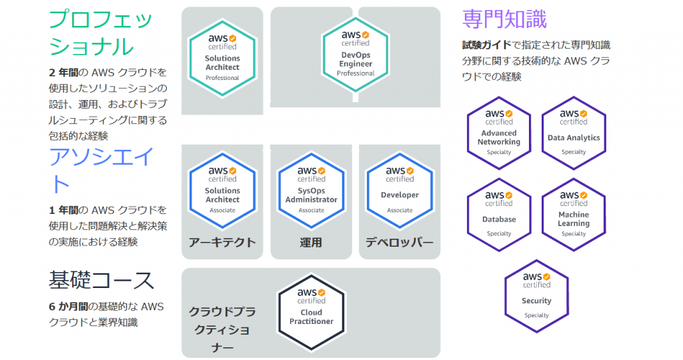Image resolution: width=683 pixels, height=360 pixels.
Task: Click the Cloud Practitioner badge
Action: [x=311, y=307]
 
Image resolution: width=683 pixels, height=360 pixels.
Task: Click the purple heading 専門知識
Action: [x=504, y=19]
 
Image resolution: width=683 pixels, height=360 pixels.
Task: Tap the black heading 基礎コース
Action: [x=101, y=281]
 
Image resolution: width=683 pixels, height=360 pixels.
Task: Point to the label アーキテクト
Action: [x=222, y=242]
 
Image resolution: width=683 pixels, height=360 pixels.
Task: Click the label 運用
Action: [x=311, y=242]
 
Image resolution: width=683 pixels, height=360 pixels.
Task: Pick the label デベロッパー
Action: [x=400, y=242]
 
